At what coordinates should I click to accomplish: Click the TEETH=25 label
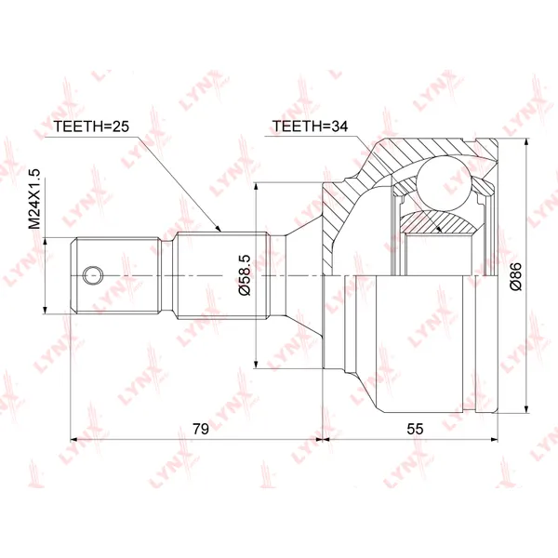tap(91, 126)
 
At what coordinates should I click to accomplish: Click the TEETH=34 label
tap(310, 126)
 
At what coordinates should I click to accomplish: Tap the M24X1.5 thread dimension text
tap(35, 199)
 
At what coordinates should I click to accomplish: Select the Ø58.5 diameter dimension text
tap(246, 275)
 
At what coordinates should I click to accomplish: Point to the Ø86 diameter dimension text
tap(515, 276)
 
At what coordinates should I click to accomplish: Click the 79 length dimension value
tap(201, 429)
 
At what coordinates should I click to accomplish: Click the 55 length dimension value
tap(415, 429)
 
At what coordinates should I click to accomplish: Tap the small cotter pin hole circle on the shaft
tap(93, 275)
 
